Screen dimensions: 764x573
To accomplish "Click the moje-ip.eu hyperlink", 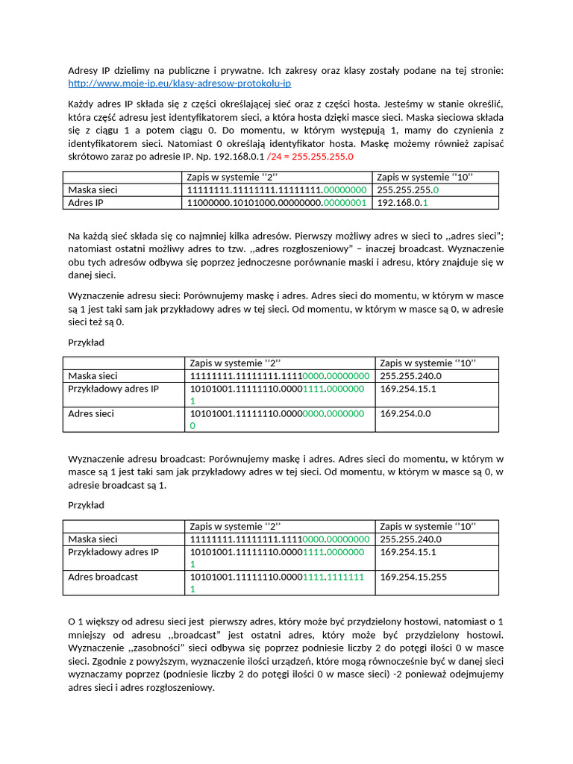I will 179,84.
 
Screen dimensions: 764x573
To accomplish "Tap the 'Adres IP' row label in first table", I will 86,202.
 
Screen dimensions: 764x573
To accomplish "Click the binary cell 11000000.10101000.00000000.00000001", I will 277,202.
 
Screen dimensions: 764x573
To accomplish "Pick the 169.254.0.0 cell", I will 405,413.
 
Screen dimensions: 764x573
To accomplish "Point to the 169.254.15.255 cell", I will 413,577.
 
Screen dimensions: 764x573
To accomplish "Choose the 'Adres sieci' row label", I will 91,413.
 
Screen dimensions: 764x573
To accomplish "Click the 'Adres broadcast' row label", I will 103,577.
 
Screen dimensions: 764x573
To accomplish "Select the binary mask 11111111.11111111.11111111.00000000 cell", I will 277,190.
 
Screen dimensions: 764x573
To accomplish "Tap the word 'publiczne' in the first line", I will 190,70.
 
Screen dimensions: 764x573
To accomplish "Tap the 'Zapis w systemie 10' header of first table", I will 426,177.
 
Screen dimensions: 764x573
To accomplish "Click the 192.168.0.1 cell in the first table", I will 403,202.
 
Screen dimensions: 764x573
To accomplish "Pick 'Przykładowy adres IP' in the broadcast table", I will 113,552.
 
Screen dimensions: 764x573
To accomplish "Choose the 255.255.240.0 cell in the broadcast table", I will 410,539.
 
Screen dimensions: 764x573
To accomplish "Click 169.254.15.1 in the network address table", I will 408,389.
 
